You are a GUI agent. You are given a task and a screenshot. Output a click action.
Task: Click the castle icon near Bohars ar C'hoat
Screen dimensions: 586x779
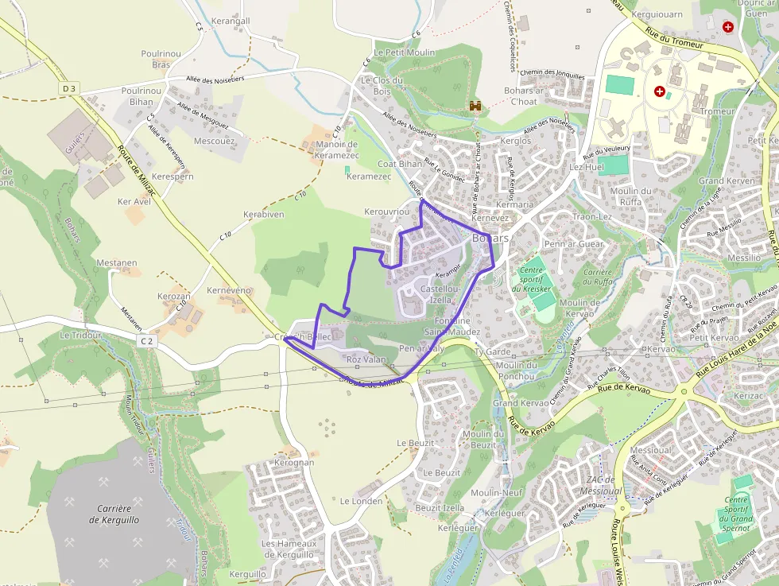[x=476, y=106]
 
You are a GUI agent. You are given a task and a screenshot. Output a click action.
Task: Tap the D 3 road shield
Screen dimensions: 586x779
[x=69, y=88]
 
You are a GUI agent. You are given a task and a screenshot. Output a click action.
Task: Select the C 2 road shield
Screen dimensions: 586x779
[x=146, y=340]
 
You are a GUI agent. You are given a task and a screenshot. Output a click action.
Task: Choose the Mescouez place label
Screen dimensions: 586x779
[x=214, y=141]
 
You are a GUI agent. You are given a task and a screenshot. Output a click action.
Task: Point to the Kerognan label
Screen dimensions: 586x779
[x=293, y=462]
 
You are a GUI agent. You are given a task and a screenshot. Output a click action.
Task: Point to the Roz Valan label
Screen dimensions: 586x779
[x=366, y=359]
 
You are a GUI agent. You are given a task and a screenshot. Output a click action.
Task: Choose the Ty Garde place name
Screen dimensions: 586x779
[x=492, y=351]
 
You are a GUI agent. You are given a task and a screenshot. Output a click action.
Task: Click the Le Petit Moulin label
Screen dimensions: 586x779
[x=405, y=52]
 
